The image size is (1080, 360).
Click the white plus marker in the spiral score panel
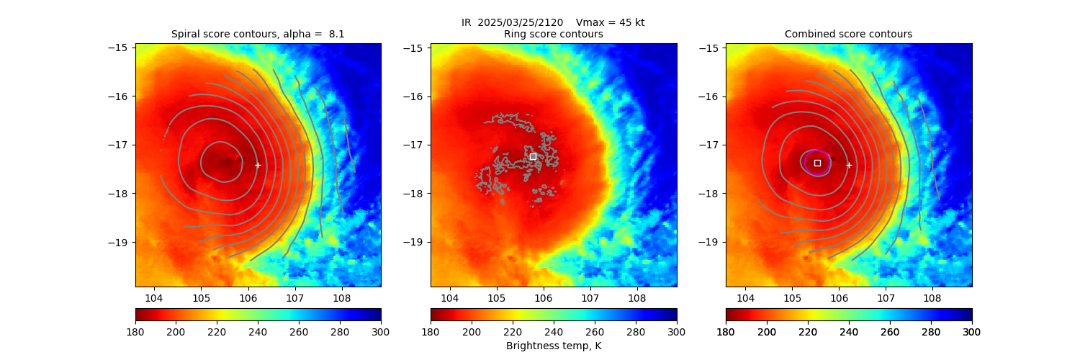258,165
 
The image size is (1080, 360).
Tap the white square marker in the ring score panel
533,156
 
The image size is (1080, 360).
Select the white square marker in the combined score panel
817,163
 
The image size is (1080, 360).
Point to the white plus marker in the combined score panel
849,165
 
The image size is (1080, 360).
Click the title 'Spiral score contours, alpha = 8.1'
258,34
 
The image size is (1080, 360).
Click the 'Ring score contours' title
553,34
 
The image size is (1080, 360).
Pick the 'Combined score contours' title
848,34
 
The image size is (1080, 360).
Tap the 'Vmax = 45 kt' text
611,22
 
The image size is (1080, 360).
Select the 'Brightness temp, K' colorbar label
553,346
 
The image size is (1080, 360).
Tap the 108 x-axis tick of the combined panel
932,297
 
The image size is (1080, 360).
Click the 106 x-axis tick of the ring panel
543,297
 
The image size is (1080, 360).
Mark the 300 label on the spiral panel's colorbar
381,331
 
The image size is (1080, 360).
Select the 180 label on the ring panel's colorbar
431,331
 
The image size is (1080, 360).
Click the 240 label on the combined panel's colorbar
849,331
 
